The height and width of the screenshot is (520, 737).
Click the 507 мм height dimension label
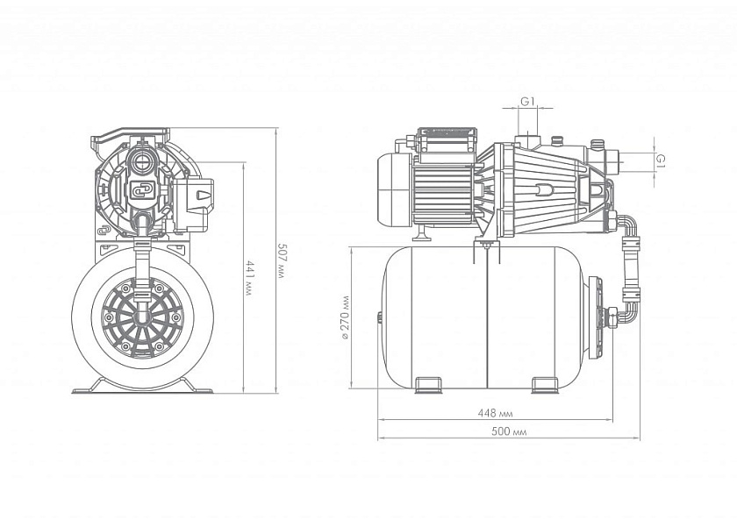coord(281,260)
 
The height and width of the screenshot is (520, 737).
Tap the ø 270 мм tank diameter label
coord(346,317)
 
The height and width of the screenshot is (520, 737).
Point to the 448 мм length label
coord(495,413)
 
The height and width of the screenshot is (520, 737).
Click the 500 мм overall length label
coord(509,431)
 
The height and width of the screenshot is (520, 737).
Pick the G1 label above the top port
coord(528,101)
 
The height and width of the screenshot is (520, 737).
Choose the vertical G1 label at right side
coord(661,160)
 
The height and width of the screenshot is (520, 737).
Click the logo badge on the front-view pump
coord(141,189)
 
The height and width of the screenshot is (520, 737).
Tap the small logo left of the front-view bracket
coord(104,230)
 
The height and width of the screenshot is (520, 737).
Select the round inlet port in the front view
coord(140,162)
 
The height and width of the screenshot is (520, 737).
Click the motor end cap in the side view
coord(395,189)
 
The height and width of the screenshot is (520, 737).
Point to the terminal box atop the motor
coord(447,139)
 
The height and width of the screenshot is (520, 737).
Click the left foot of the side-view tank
coord(428,385)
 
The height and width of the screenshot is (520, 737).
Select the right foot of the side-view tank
coord(545,385)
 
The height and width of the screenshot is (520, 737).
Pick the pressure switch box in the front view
coord(195,204)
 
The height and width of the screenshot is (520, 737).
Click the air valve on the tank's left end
coord(379,317)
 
